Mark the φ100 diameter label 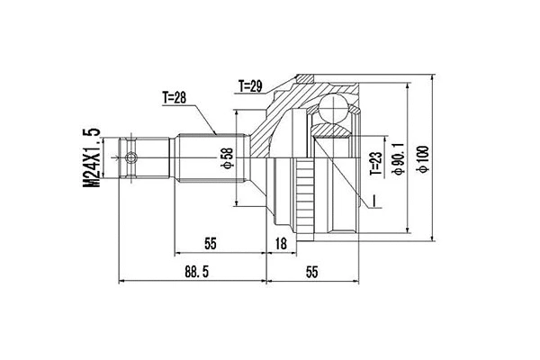[x=421, y=160]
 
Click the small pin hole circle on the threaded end [x=133, y=159]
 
